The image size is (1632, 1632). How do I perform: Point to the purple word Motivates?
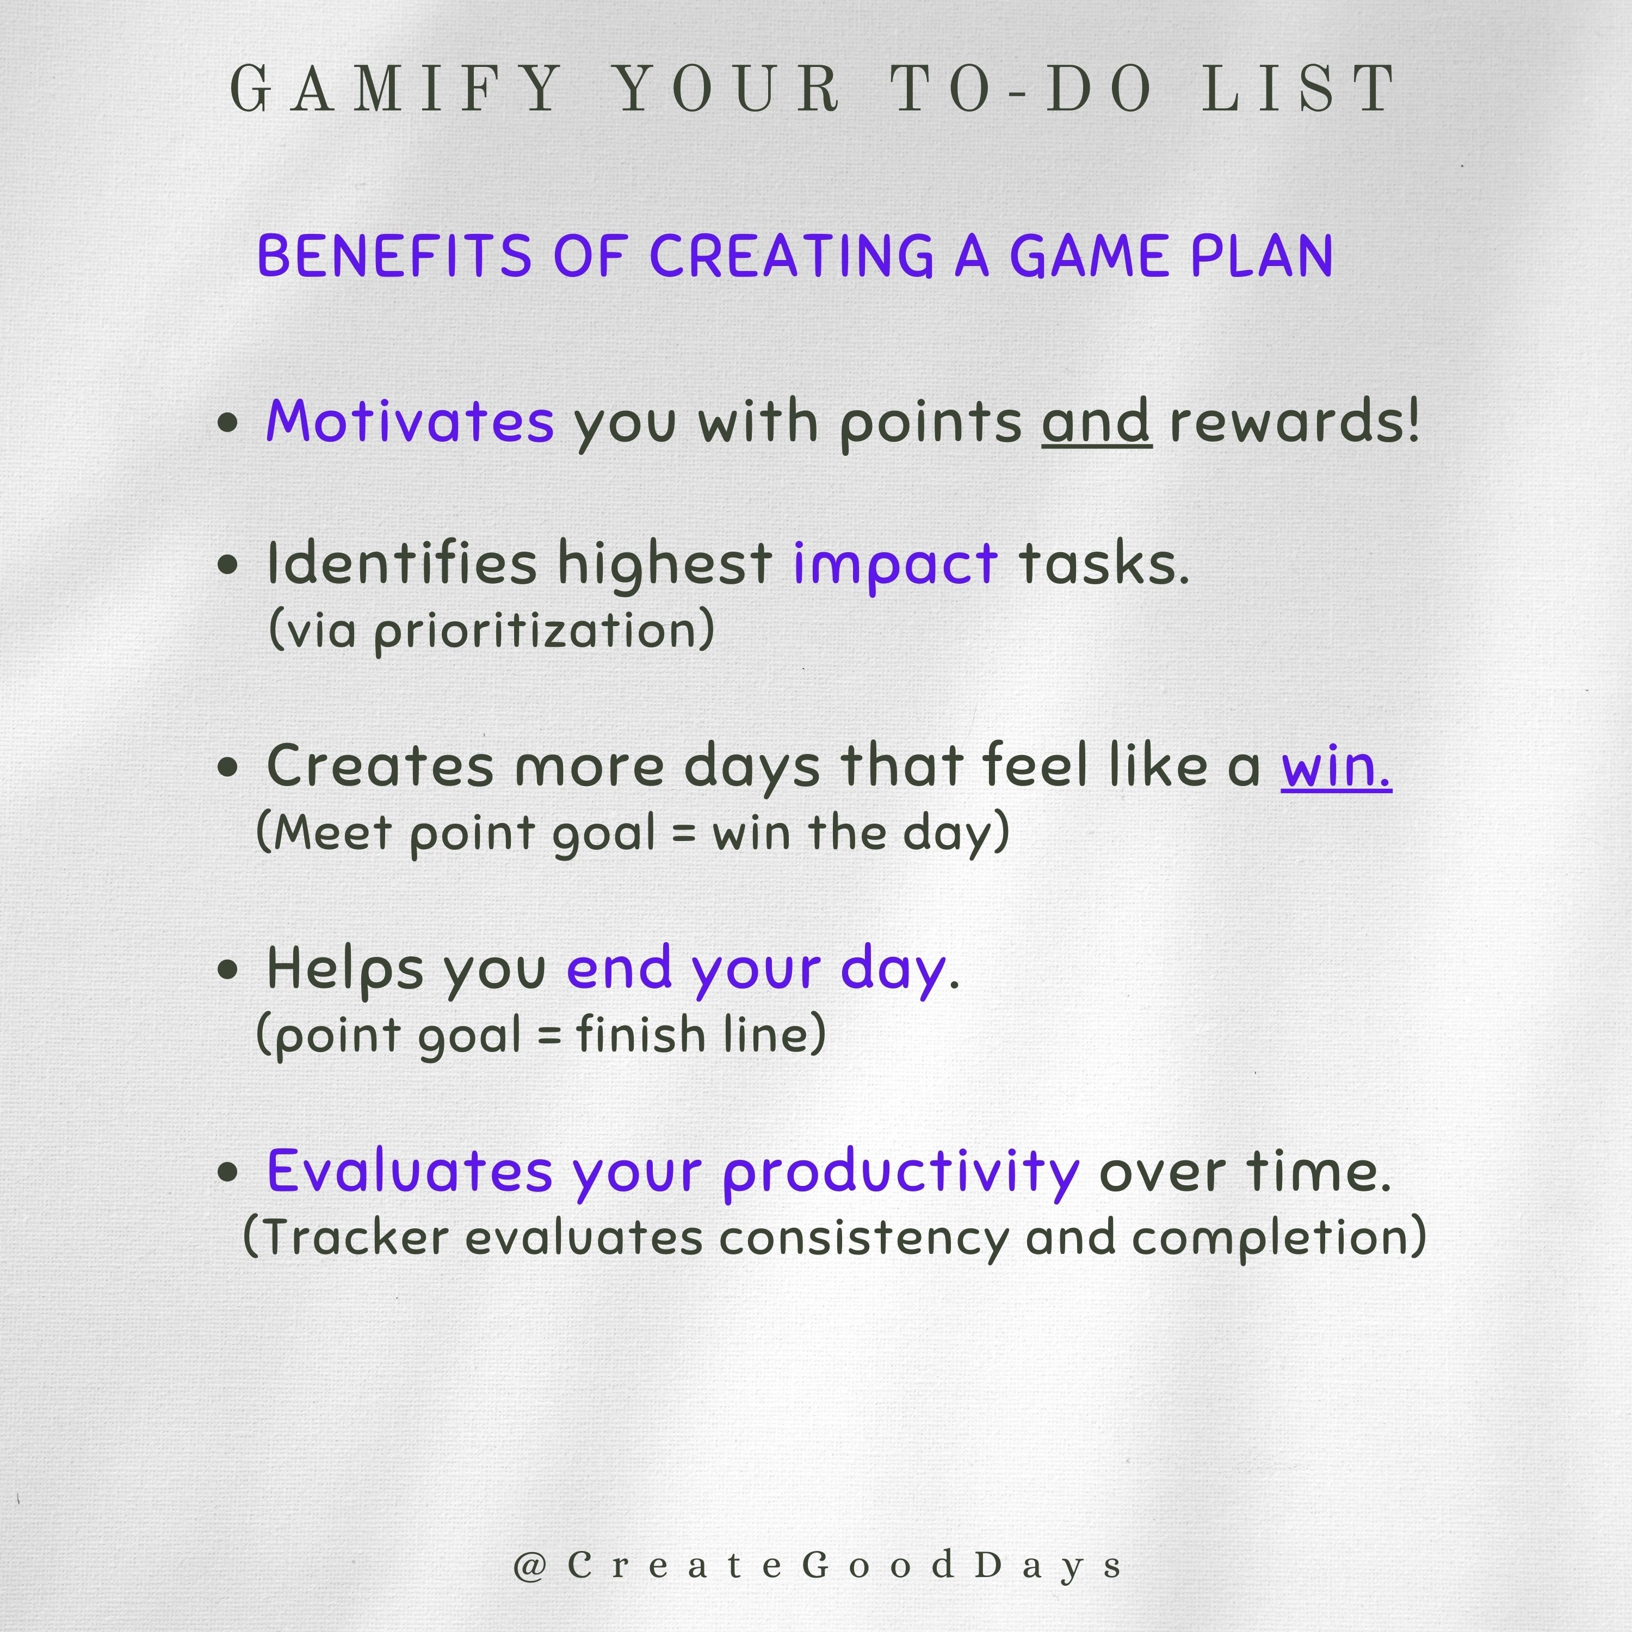click(410, 421)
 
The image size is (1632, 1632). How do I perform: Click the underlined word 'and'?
click(1096, 421)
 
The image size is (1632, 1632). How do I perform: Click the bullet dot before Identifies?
click(227, 565)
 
